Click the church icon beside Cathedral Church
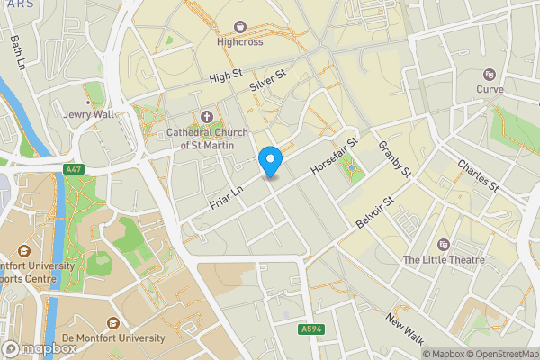click(207, 117)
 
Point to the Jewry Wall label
click(89, 115)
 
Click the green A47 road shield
click(74, 168)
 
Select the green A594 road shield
click(311, 330)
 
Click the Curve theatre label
click(490, 90)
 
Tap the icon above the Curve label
click(490, 75)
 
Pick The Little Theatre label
click(443, 260)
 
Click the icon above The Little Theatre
click(443, 245)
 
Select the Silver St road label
click(268, 80)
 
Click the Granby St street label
click(394, 158)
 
